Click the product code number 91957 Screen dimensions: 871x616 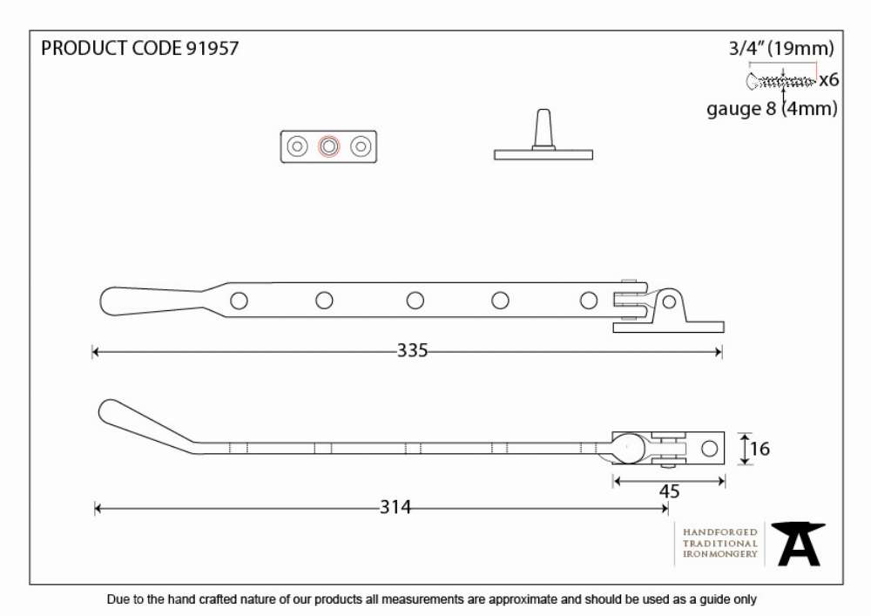[212, 48]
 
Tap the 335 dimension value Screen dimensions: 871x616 [412, 350]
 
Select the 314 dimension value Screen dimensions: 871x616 [395, 507]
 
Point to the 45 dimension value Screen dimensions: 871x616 [669, 491]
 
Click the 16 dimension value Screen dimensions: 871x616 [760, 448]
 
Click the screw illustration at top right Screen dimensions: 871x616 [780, 81]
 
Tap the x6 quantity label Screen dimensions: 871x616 [829, 80]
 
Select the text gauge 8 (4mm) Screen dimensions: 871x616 [772, 108]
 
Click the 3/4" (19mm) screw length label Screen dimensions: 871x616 [781, 48]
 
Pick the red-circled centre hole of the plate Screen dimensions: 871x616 [329, 146]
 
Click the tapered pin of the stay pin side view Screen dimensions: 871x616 [544, 128]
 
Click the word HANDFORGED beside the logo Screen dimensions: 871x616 [720, 532]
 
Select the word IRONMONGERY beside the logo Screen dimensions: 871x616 [720, 554]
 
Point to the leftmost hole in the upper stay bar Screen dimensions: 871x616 [239, 301]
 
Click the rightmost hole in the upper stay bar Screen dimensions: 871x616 [588, 301]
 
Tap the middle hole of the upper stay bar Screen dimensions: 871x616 [415, 301]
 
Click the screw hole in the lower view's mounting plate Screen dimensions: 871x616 [709, 448]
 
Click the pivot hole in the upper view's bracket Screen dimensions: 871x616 [669, 302]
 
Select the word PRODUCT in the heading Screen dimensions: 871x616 [84, 48]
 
